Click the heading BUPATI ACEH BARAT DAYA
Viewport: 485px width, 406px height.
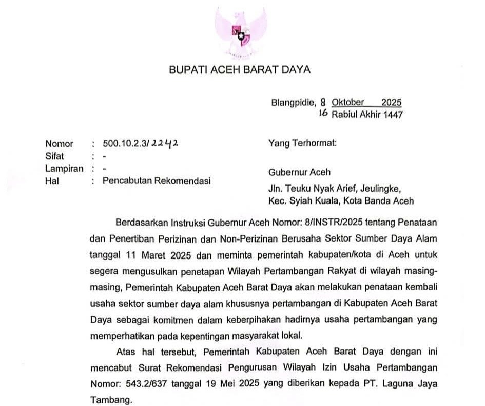[240, 70]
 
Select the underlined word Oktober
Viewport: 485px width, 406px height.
[348, 102]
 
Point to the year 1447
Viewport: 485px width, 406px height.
[392, 114]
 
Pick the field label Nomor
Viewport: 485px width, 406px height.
[59, 144]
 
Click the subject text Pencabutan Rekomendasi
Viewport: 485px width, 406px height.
[157, 181]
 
